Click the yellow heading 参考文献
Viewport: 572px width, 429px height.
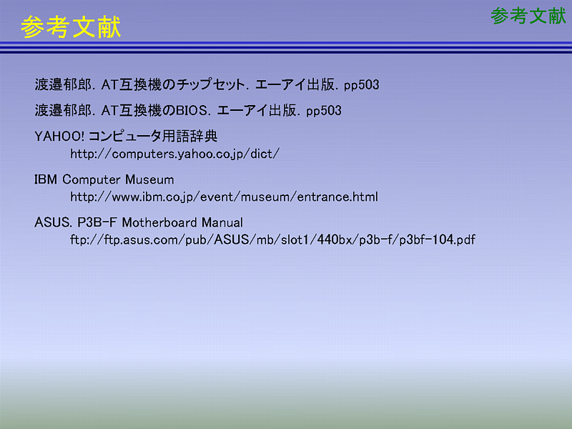coord(71,26)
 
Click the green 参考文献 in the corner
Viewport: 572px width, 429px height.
coord(528,16)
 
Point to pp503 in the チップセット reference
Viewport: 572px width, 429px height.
coord(362,85)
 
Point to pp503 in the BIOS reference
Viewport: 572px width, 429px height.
coord(324,112)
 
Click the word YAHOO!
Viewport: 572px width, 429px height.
coord(59,137)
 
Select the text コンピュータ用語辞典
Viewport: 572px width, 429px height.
coord(153,137)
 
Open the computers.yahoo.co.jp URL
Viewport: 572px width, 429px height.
coord(174,154)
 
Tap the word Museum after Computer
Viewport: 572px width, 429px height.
coord(149,179)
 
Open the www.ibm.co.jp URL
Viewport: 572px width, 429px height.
coord(224,197)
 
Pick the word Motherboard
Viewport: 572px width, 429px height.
coord(159,222)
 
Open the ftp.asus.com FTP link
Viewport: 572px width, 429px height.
coord(273,240)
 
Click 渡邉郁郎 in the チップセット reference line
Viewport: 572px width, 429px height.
coord(63,84)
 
